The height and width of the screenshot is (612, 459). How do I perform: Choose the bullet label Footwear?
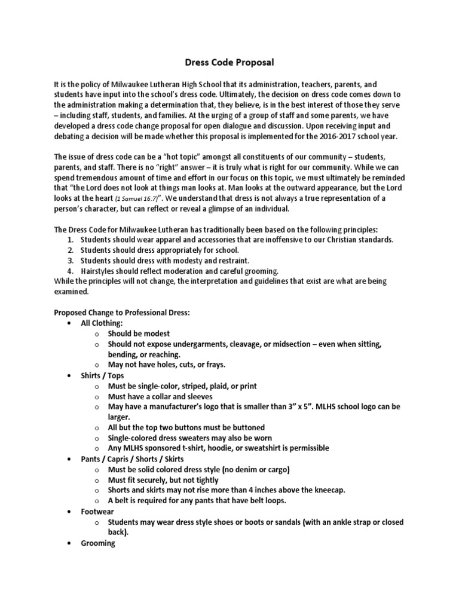coord(97,512)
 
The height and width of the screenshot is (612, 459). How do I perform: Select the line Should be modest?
coord(139,333)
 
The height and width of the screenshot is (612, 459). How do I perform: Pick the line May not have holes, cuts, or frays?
coord(166,365)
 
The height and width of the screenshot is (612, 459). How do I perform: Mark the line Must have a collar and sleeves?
coord(160,396)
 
